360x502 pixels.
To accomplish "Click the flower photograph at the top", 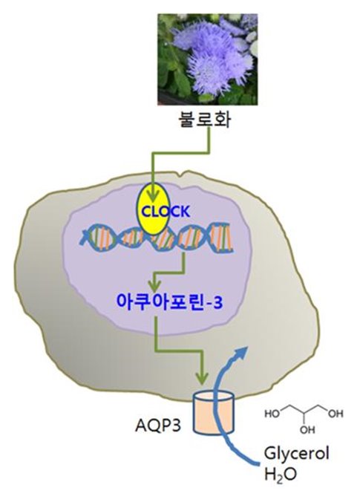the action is [x=207, y=59].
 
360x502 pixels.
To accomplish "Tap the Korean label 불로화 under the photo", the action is [x=204, y=120].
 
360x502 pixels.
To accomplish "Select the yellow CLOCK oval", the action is [x=153, y=209].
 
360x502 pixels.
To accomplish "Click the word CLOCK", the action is [x=166, y=212].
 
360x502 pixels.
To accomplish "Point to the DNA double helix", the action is [x=157, y=238].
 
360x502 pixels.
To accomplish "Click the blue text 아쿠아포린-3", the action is [x=169, y=302].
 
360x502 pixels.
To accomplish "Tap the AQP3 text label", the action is [x=158, y=426].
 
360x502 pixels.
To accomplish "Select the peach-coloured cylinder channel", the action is [x=214, y=412].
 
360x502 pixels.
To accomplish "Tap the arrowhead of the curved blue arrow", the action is [x=241, y=352].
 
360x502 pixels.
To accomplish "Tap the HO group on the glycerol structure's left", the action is [x=272, y=414].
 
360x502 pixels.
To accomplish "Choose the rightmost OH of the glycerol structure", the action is [x=336, y=414].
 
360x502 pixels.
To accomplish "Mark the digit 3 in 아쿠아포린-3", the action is [x=217, y=303].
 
